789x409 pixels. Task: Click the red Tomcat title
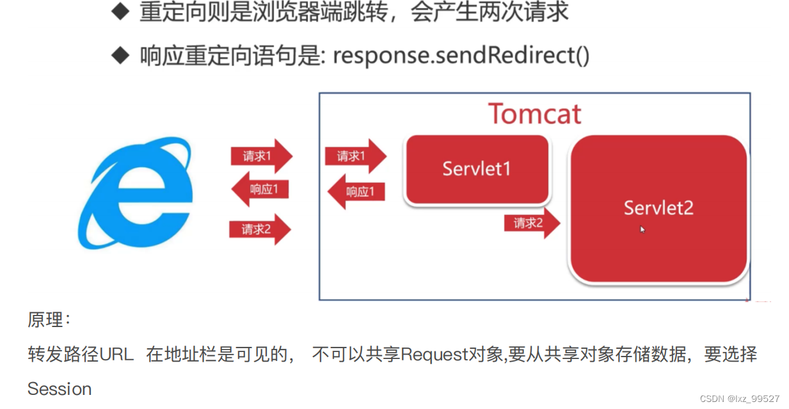[x=535, y=115]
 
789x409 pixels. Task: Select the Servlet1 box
[x=477, y=169]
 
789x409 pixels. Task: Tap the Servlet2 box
[x=658, y=208]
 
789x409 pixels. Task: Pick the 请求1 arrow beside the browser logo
[x=260, y=156]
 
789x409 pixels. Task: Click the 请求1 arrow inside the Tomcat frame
[x=355, y=156]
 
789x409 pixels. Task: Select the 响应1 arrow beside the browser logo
[x=260, y=189]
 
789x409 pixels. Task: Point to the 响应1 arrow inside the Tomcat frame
[x=357, y=191]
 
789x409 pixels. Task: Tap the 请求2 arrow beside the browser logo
[x=260, y=229]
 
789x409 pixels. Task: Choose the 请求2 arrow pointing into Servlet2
[x=531, y=223]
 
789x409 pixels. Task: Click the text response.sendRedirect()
[x=461, y=56]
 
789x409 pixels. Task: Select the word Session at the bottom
[x=60, y=389]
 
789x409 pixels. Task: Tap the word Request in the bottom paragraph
[x=435, y=355]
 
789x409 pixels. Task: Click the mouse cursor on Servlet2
[x=642, y=229]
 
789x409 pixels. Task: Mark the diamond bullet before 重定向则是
[x=120, y=13]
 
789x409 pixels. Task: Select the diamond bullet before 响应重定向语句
[x=120, y=56]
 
